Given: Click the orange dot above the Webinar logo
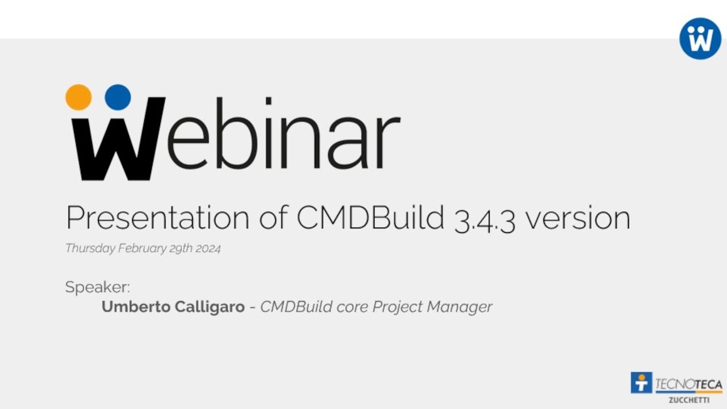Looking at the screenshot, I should pos(78,97).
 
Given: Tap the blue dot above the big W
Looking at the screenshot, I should pos(118,97).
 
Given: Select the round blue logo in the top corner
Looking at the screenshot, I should pos(700,38).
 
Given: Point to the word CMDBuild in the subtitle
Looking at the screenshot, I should pos(370,218).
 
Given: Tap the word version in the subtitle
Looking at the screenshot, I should pos(577,218).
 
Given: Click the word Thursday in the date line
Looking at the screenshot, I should pos(90,249).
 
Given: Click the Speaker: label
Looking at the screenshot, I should pos(98,287).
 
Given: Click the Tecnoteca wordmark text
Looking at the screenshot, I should pos(688,384).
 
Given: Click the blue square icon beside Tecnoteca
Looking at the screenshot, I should pos(641,383).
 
